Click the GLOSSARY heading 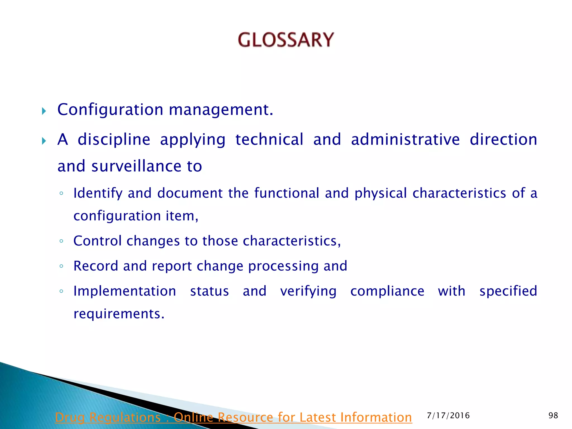pos(286,40)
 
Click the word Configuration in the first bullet pos(110,109)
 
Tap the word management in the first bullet pos(221,109)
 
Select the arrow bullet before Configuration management pos(44,111)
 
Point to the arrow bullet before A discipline pos(44,141)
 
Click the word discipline pos(114,140)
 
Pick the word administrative pos(405,140)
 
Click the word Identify pos(98,193)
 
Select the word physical pos(381,193)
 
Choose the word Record pos(96,266)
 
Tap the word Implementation pos(125,291)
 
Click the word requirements pos(119,314)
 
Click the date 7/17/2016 pos(448,416)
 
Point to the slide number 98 pos(553,416)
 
